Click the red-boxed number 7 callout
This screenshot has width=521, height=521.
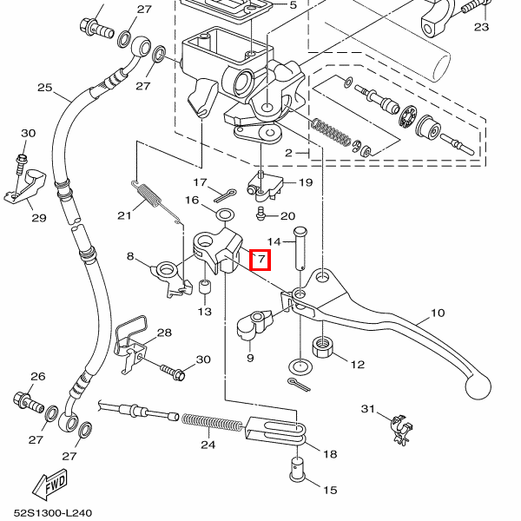(260, 260)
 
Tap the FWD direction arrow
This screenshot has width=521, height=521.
(51, 482)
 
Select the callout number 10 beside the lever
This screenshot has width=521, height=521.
(437, 313)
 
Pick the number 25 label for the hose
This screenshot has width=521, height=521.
(45, 88)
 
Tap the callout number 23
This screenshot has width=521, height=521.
(482, 27)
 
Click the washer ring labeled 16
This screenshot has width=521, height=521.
(223, 214)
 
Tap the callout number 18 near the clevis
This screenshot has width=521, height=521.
(330, 453)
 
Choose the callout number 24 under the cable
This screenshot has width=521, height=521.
(208, 445)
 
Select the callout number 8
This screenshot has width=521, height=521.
(131, 256)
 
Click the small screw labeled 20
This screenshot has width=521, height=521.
(260, 211)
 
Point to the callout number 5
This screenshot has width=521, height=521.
(293, 5)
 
